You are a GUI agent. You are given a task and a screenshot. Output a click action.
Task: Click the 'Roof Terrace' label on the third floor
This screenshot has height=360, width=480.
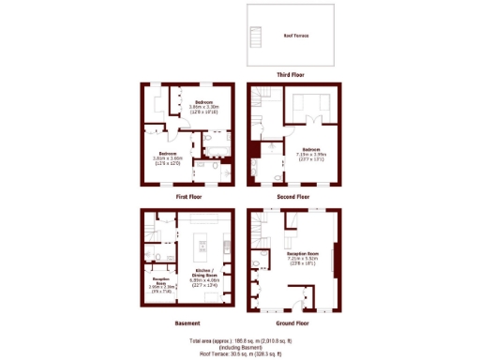(296, 36)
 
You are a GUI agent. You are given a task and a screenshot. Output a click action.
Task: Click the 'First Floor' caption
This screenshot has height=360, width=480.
(188, 197)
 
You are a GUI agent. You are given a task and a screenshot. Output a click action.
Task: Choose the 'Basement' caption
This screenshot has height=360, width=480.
(187, 322)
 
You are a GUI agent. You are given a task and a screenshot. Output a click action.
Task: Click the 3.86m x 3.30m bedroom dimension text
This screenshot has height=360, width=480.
(203, 108)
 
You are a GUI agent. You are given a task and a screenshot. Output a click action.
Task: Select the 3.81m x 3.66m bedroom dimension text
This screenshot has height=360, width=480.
(169, 158)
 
